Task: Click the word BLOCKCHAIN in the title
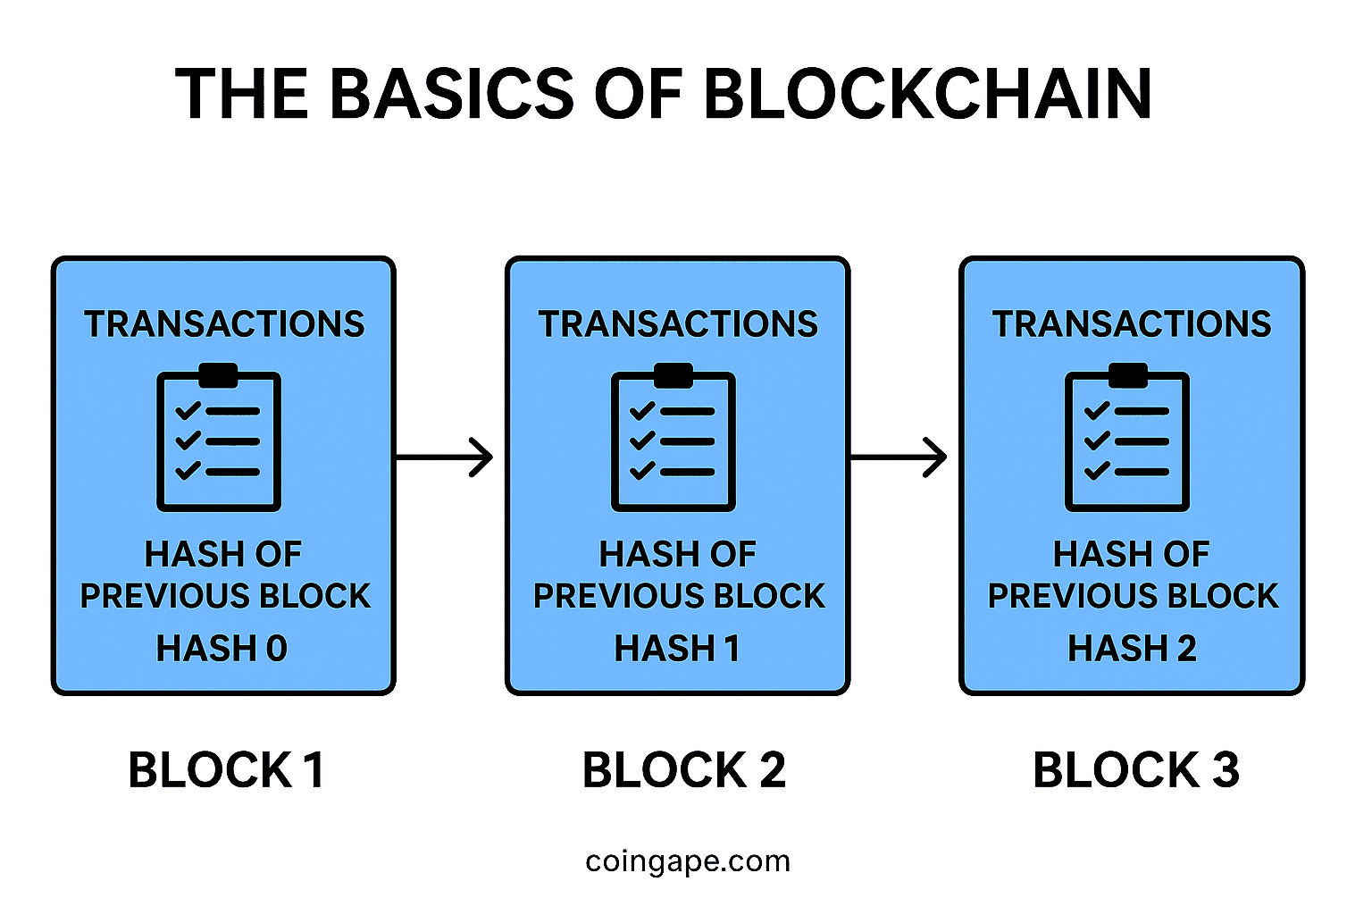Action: pyautogui.click(x=928, y=94)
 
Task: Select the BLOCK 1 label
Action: pyautogui.click(x=226, y=770)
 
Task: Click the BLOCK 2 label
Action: pyautogui.click(x=683, y=770)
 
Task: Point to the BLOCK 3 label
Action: pyautogui.click(x=1135, y=770)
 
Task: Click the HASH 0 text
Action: pyautogui.click(x=222, y=649)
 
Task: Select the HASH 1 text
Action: pyautogui.click(x=677, y=649)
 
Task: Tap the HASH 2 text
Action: pyautogui.click(x=1132, y=649)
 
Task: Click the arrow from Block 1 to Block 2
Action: pyautogui.click(x=444, y=457)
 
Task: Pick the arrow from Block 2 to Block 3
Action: pyautogui.click(x=898, y=457)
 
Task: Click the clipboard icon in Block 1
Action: pyautogui.click(x=219, y=438)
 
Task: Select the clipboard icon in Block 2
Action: pyautogui.click(x=673, y=438)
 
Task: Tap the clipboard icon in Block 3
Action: pyautogui.click(x=1127, y=438)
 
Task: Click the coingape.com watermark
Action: pyautogui.click(x=688, y=861)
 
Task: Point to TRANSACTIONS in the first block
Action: pyautogui.click(x=224, y=324)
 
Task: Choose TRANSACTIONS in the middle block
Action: pyautogui.click(x=678, y=324)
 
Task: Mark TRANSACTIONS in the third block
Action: pyautogui.click(x=1132, y=324)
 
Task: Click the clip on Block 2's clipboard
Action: pyautogui.click(x=673, y=375)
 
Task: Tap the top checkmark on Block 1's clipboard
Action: pyautogui.click(x=188, y=411)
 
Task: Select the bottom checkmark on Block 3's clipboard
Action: pyautogui.click(x=1097, y=471)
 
